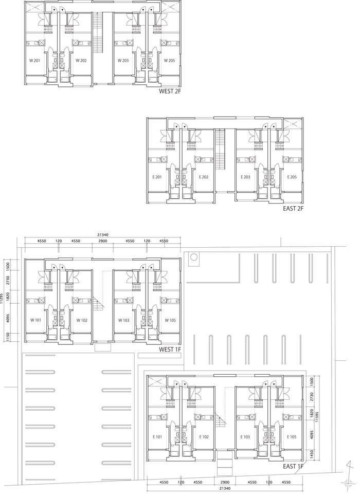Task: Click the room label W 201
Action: click(x=35, y=61)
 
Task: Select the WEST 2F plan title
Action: click(x=170, y=91)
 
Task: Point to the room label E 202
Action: click(x=204, y=177)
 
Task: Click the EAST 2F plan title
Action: click(x=293, y=209)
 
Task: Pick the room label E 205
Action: click(x=292, y=177)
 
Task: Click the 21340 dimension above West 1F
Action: click(x=103, y=235)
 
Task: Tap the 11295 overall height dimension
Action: click(x=2, y=298)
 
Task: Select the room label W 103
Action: click(x=124, y=320)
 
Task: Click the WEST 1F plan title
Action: click(x=170, y=349)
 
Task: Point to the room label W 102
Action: click(x=82, y=320)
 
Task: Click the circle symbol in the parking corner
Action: click(x=194, y=257)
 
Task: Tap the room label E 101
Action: click(x=157, y=437)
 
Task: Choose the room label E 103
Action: click(x=245, y=437)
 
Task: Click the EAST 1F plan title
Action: click(x=293, y=467)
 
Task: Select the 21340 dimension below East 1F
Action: click(x=225, y=488)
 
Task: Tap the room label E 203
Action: click(x=245, y=177)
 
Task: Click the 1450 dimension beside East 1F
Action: click(x=312, y=454)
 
